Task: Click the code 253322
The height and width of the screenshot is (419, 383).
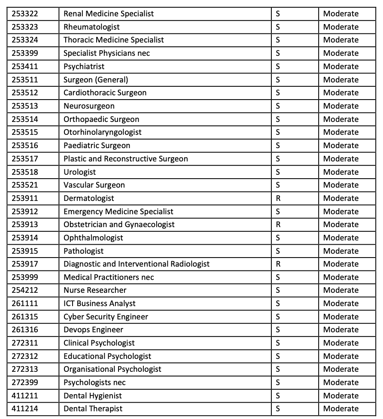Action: [x=24, y=14]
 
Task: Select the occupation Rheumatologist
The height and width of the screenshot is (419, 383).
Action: [x=91, y=27]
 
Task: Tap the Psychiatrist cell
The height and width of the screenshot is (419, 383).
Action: [x=84, y=67]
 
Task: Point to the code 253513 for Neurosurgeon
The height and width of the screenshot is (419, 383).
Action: [x=24, y=106]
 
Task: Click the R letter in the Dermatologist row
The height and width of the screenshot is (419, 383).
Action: [x=278, y=198]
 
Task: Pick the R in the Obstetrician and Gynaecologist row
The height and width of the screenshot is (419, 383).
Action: [x=278, y=225]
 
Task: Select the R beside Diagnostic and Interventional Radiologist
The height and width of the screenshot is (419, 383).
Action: [x=278, y=264]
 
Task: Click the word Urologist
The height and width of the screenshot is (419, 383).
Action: [x=80, y=172]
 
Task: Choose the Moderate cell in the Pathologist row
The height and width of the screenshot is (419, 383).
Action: [x=340, y=251]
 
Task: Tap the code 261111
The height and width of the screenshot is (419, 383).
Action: [x=24, y=304]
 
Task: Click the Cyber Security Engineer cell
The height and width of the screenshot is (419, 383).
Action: [x=106, y=317]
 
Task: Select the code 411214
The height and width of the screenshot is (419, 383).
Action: [x=24, y=409]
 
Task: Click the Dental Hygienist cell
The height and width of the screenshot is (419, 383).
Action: [x=92, y=396]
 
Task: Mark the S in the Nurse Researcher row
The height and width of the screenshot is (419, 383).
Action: [x=278, y=290]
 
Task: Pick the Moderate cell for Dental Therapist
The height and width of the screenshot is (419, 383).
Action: [x=340, y=409]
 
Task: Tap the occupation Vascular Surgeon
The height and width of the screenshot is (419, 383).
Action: [x=94, y=185]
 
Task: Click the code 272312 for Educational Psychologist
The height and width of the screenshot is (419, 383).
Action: [x=24, y=356]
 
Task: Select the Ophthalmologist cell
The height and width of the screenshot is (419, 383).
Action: [x=93, y=238]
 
